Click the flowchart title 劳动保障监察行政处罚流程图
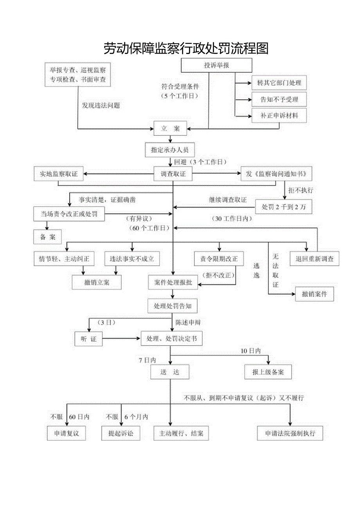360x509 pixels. (x=186, y=48)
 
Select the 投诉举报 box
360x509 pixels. (x=216, y=65)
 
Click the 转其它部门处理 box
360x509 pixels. (x=279, y=83)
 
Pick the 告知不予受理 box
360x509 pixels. (x=279, y=99)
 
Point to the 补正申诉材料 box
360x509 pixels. (x=279, y=116)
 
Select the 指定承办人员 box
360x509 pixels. (x=169, y=149)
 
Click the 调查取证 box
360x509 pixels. (x=173, y=174)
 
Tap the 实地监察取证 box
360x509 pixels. (x=59, y=174)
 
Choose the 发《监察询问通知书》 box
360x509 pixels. (x=276, y=174)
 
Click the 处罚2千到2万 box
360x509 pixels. (x=284, y=207)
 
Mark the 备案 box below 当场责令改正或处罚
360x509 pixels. (x=48, y=237)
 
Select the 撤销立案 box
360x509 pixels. (x=96, y=282)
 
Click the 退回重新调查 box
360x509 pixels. (x=314, y=259)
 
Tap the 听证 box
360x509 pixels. (x=88, y=339)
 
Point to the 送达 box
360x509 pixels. (x=169, y=372)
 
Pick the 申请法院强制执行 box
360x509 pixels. (x=290, y=433)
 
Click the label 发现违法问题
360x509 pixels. (x=101, y=106)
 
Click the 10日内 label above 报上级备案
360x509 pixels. (x=250, y=351)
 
